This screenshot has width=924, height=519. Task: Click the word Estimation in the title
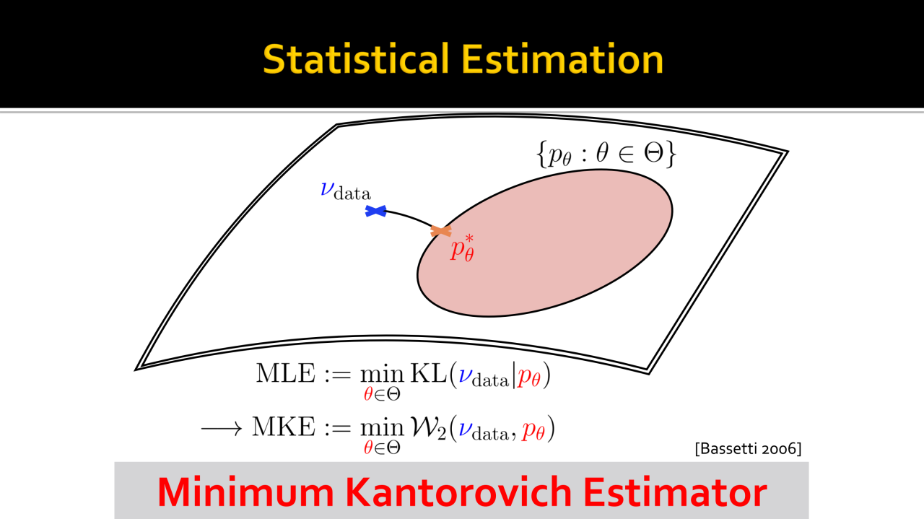(x=563, y=60)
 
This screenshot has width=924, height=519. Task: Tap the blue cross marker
(x=375, y=211)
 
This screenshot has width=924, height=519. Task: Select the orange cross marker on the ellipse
(x=440, y=231)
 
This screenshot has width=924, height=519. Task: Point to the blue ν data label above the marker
(x=345, y=190)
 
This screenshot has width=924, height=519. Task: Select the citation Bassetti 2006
(x=747, y=448)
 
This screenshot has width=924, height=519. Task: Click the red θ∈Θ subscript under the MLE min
(x=382, y=394)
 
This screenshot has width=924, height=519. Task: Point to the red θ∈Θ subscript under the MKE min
(x=382, y=447)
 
